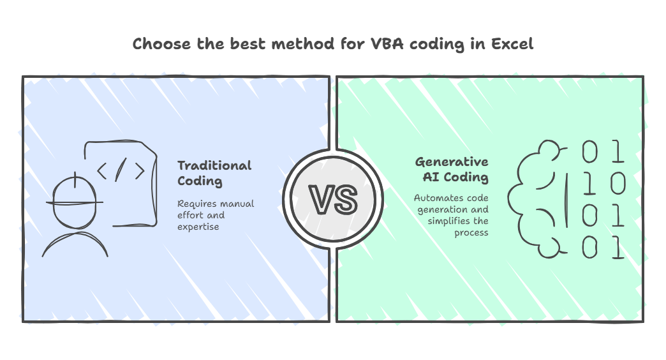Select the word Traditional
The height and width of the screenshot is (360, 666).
pyautogui.click(x=214, y=165)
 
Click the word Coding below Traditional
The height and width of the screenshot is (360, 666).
pyautogui.click(x=200, y=181)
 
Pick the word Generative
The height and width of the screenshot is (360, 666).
pyautogui.click(x=452, y=161)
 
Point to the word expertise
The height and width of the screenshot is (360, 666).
pyautogui.click(x=198, y=227)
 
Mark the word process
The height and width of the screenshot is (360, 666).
pyautogui.click(x=471, y=233)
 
